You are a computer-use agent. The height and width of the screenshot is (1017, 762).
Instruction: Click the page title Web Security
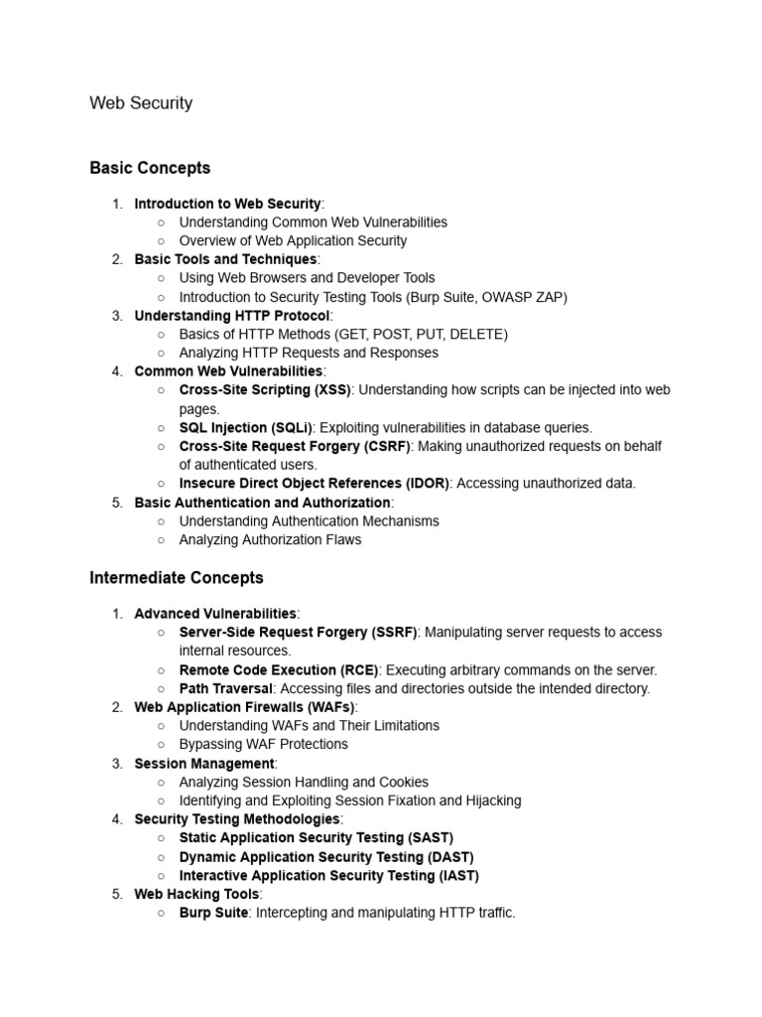(141, 103)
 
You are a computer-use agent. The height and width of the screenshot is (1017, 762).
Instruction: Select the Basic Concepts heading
(150, 168)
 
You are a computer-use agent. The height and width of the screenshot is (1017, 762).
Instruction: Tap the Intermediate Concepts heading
(177, 577)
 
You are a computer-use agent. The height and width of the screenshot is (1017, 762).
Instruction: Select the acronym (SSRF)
(394, 633)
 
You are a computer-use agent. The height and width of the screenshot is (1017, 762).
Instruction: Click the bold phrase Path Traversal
(226, 688)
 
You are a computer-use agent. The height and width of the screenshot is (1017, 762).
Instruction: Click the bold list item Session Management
(203, 764)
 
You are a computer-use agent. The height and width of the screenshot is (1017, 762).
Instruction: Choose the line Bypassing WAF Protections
(263, 744)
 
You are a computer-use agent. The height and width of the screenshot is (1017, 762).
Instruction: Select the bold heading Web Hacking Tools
(196, 894)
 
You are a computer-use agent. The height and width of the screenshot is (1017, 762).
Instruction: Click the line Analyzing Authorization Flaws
(270, 540)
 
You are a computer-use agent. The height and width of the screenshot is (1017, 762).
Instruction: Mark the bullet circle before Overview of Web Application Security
(161, 241)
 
